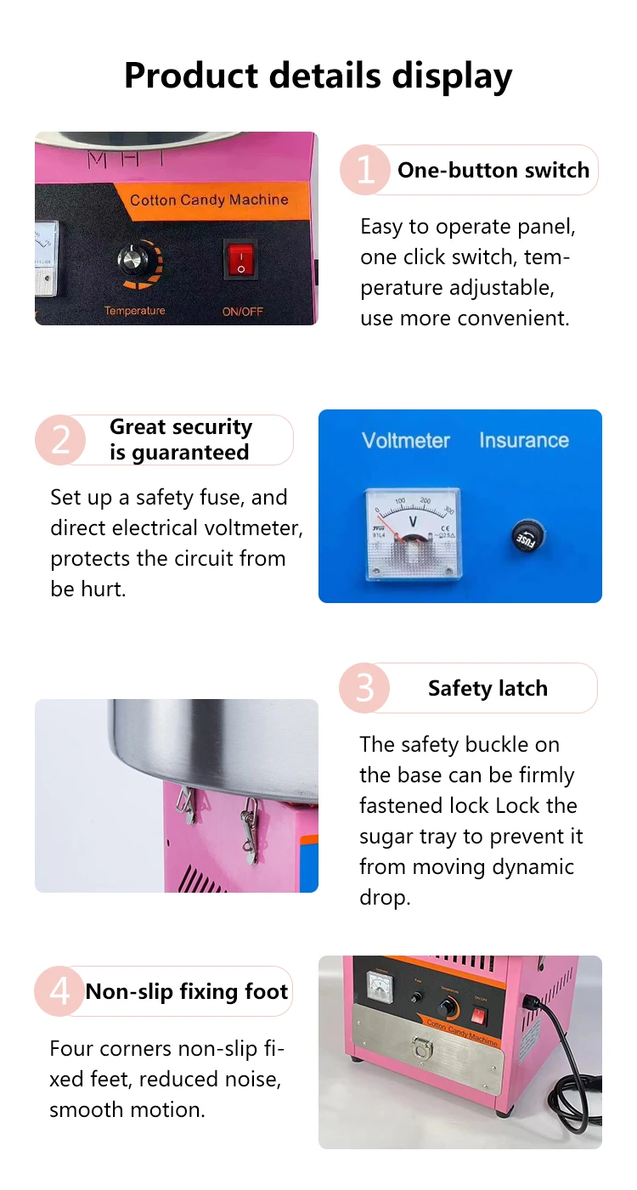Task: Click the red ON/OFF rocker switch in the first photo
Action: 240,259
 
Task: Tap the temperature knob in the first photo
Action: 132,260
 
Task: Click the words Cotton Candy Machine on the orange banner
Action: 209,200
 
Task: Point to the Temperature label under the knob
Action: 134,311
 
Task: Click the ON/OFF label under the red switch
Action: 242,312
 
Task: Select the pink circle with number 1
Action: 365,170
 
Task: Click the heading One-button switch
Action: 493,170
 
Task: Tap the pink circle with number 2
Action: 60,440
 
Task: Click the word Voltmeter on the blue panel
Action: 406,440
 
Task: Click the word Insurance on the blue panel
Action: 524,440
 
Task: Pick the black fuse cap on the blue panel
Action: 527,537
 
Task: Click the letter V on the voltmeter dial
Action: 412,522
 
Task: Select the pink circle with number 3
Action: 364,688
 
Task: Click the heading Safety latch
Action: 488,688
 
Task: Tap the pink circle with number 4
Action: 59,991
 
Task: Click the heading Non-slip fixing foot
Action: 187,991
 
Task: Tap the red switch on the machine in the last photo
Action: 479,1017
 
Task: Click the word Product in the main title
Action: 191,75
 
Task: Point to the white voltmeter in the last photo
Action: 381,986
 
